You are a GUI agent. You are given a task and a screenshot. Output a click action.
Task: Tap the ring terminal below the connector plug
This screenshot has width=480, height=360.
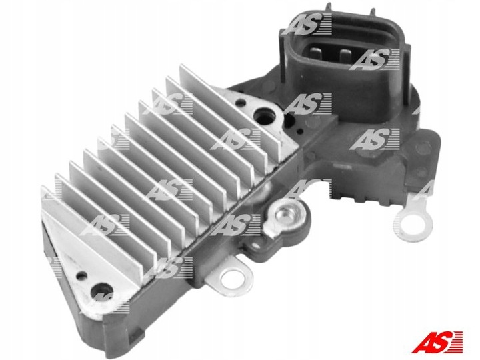413,223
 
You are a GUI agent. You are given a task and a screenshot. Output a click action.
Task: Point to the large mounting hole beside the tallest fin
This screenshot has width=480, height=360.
265,117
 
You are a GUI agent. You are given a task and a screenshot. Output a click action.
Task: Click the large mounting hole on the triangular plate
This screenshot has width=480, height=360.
102,291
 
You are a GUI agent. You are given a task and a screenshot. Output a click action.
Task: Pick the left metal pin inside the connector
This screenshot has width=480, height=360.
318,55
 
